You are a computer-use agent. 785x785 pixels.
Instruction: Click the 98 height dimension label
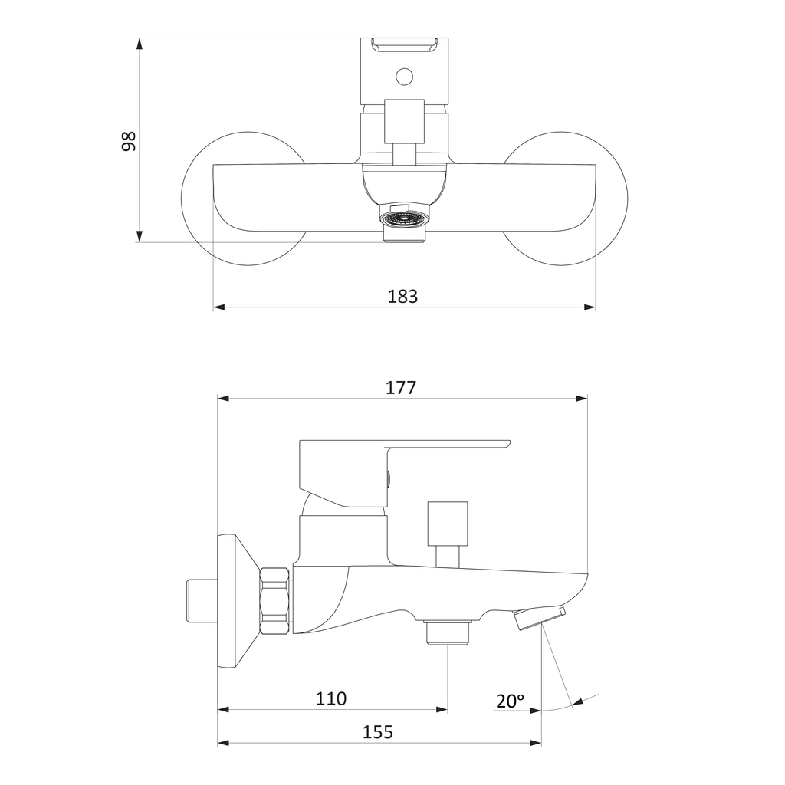click(x=129, y=141)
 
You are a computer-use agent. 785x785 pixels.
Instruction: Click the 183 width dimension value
click(x=402, y=297)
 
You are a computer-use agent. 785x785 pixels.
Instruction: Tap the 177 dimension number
click(x=401, y=387)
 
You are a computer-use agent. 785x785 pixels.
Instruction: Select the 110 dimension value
click(x=331, y=698)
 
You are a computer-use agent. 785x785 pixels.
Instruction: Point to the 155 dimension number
click(x=378, y=732)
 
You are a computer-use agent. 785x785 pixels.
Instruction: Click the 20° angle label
click(x=510, y=701)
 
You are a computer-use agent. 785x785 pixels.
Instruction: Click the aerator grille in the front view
click(x=405, y=218)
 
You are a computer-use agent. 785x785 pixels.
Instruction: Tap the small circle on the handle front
click(x=405, y=77)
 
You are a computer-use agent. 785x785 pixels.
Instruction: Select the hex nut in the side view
click(x=275, y=601)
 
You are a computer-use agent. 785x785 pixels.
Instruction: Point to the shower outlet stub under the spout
click(x=448, y=633)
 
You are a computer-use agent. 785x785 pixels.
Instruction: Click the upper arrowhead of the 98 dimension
click(x=140, y=44)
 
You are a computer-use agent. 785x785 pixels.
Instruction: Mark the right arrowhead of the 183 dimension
click(x=590, y=307)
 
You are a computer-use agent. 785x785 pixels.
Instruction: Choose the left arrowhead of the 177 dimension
click(x=223, y=399)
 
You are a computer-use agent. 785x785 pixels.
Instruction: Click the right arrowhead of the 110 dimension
click(x=442, y=709)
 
